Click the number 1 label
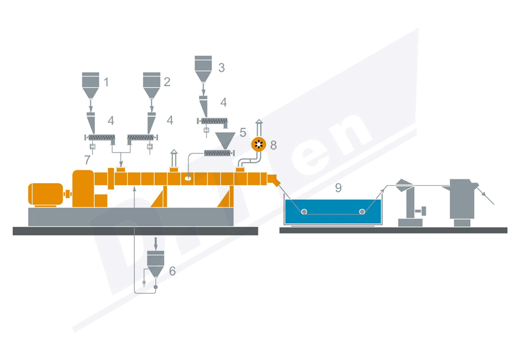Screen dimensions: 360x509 pos(106,83)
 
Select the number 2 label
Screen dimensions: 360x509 pos(167,82)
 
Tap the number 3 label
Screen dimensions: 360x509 pos(221,67)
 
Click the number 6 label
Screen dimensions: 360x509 pos(172,271)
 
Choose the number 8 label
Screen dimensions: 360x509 pos(273,145)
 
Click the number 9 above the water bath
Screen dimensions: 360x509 pos(338,188)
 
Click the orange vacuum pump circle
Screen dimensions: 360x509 pos(258,144)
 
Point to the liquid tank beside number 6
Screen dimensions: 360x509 pos(156,261)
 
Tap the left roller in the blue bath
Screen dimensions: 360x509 pos(304,212)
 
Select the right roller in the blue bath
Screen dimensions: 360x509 pos(362,212)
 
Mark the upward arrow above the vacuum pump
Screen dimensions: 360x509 pos(258,123)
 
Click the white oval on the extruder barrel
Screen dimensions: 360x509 pos(188,179)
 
